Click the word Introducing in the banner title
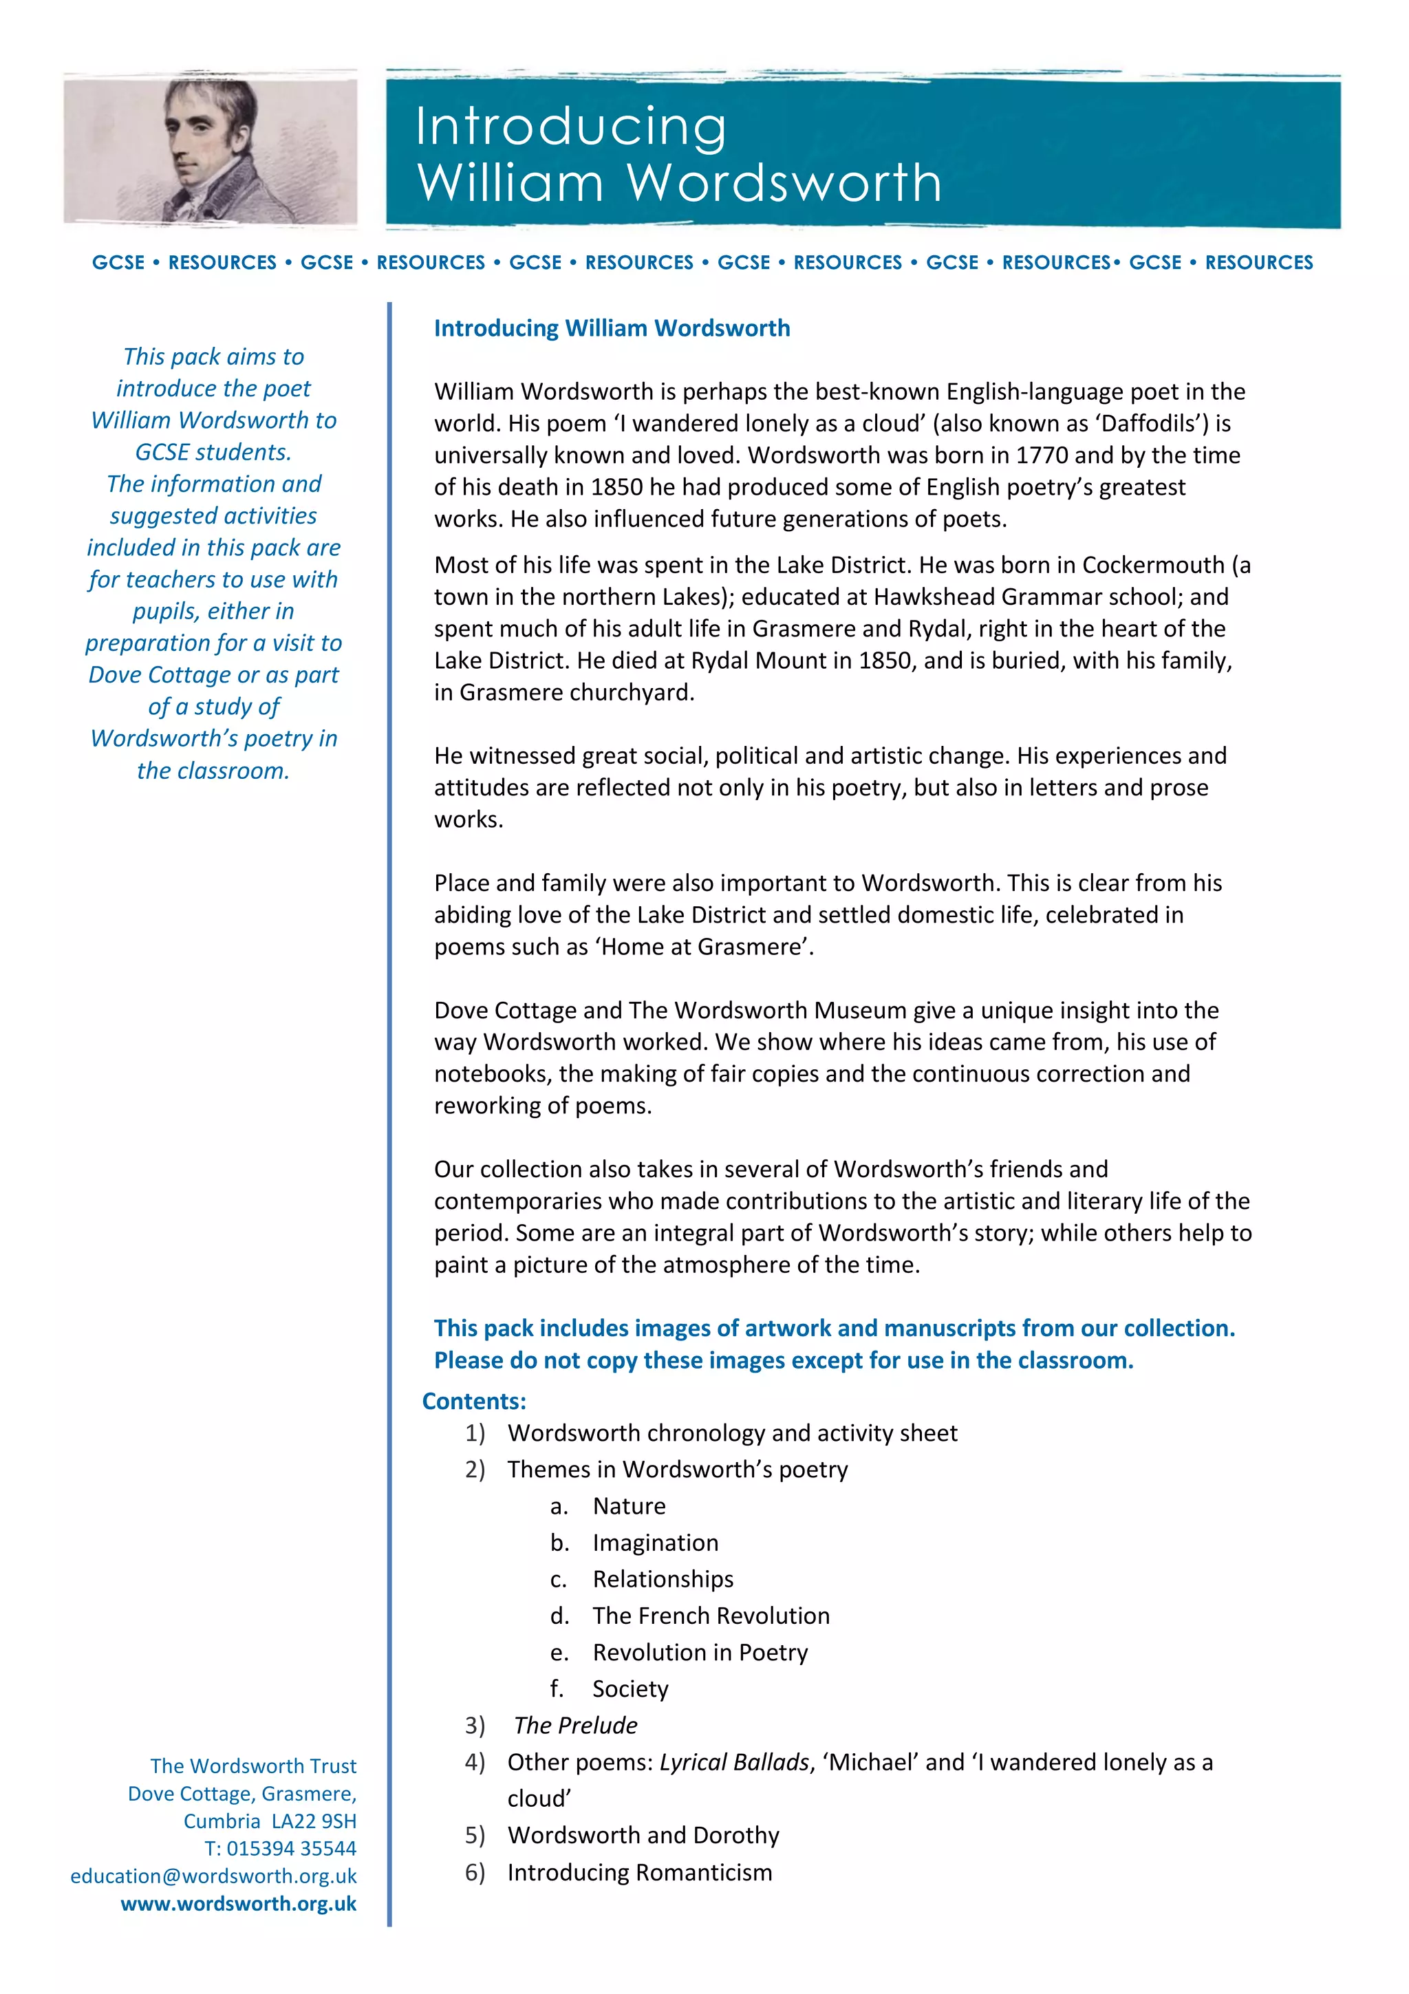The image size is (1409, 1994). [x=570, y=127]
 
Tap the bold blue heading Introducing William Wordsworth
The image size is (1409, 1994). [x=611, y=328]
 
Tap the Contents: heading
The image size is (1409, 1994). [x=474, y=1401]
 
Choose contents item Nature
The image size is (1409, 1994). [x=629, y=1506]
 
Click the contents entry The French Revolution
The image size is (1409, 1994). [x=710, y=1616]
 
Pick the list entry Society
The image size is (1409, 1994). [x=630, y=1689]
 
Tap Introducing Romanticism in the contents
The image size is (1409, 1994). [x=639, y=1872]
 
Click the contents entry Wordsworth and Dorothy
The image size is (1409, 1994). [x=643, y=1835]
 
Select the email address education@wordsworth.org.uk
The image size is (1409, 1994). [x=213, y=1875]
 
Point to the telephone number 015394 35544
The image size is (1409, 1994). [x=291, y=1848]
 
